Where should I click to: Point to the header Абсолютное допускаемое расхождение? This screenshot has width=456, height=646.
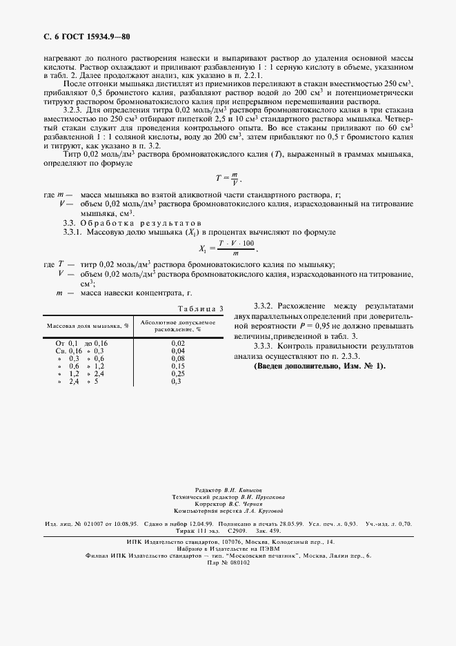(178, 324)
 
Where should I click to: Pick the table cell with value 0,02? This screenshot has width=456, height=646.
(178, 343)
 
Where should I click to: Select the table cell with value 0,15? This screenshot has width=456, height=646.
(178, 366)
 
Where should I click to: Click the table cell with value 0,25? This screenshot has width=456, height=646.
(178, 373)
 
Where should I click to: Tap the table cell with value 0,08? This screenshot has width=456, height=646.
(178, 358)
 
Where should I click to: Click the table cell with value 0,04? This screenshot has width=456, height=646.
(178, 351)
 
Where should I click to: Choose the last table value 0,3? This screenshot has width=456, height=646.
(177, 381)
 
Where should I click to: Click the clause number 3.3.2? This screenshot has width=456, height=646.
(264, 305)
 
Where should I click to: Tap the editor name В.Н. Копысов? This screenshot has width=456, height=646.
(241, 489)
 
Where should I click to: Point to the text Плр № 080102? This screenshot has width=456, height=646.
(228, 562)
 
